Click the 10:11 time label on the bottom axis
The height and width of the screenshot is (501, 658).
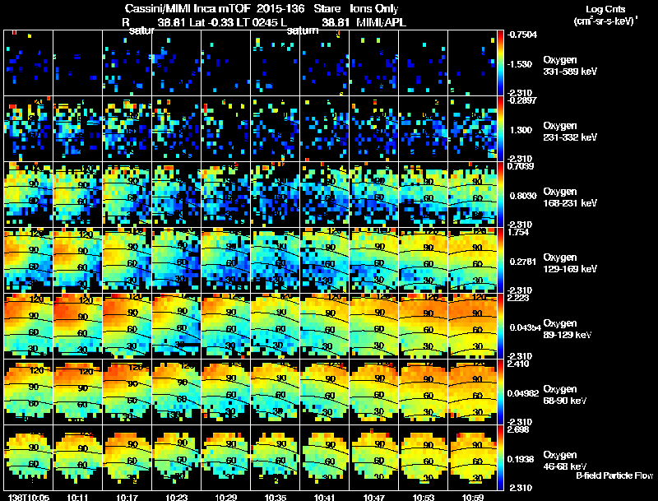(79, 497)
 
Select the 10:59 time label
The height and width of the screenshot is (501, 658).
(472, 497)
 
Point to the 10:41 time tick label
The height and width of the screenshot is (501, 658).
(324, 497)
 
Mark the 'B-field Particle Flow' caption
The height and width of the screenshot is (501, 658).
(614, 475)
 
